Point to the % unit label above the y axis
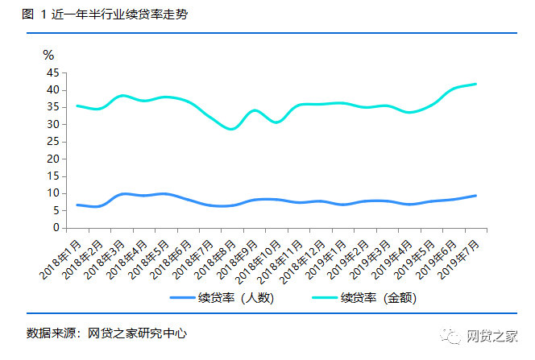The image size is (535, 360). (48, 56)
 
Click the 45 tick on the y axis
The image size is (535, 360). (53, 72)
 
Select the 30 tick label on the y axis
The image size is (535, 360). (53, 124)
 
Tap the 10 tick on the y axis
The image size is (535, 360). (53, 193)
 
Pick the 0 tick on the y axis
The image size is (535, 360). (56, 228)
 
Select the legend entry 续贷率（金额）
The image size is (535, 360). (380, 297)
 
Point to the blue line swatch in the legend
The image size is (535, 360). (187, 297)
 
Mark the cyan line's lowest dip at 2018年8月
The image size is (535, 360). (232, 129)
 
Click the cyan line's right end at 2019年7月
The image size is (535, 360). (475, 84)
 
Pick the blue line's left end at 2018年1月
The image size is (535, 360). (77, 205)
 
